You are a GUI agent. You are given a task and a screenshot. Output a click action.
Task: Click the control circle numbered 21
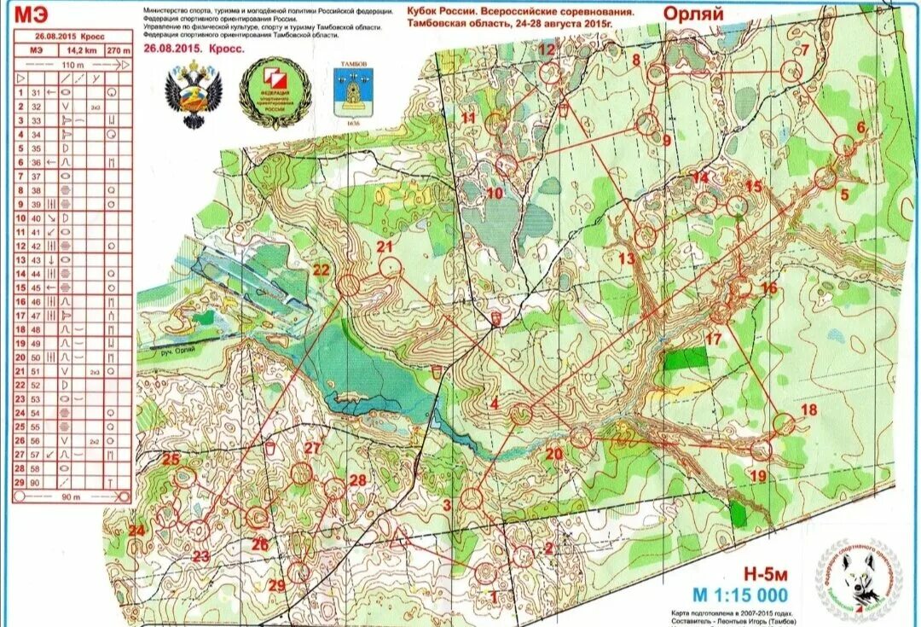click(x=390, y=268)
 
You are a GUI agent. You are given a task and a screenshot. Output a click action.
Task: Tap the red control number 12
click(x=546, y=50)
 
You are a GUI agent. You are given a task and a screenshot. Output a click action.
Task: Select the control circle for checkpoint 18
click(x=784, y=422)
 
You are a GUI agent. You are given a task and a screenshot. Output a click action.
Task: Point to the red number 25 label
click(x=171, y=460)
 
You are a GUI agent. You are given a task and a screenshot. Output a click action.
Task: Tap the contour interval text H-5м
click(x=759, y=574)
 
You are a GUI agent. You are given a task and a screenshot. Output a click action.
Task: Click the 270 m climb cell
click(x=119, y=51)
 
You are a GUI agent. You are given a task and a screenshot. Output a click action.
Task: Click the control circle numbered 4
click(x=521, y=415)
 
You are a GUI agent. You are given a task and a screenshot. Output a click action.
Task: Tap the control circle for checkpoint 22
click(x=349, y=286)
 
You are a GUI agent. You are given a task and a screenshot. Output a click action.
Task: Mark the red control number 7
click(x=802, y=49)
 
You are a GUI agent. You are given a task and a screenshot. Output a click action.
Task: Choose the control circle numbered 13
click(x=646, y=235)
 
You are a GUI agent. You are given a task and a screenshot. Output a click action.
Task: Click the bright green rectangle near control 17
click(x=686, y=357)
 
